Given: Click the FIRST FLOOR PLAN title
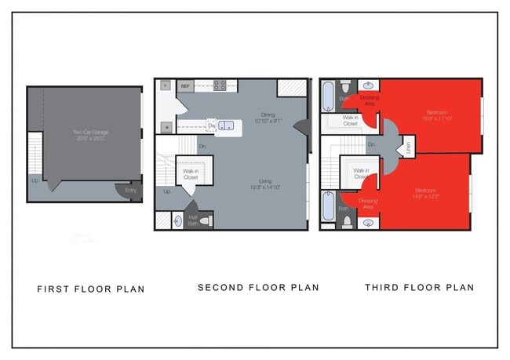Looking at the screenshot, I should [91, 289].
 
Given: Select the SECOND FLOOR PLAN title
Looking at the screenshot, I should [258, 288].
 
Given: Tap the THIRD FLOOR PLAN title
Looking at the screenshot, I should [419, 288].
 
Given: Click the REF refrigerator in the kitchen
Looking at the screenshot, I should [185, 85].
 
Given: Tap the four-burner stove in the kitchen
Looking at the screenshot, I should [221, 85].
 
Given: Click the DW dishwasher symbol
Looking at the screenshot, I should [211, 125].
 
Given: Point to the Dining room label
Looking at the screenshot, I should [268, 115].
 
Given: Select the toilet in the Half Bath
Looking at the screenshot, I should [206, 222].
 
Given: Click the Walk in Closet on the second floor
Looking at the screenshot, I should [191, 173].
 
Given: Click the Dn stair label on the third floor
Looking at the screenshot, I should [371, 144].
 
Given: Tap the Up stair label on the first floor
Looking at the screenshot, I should [34, 180].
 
